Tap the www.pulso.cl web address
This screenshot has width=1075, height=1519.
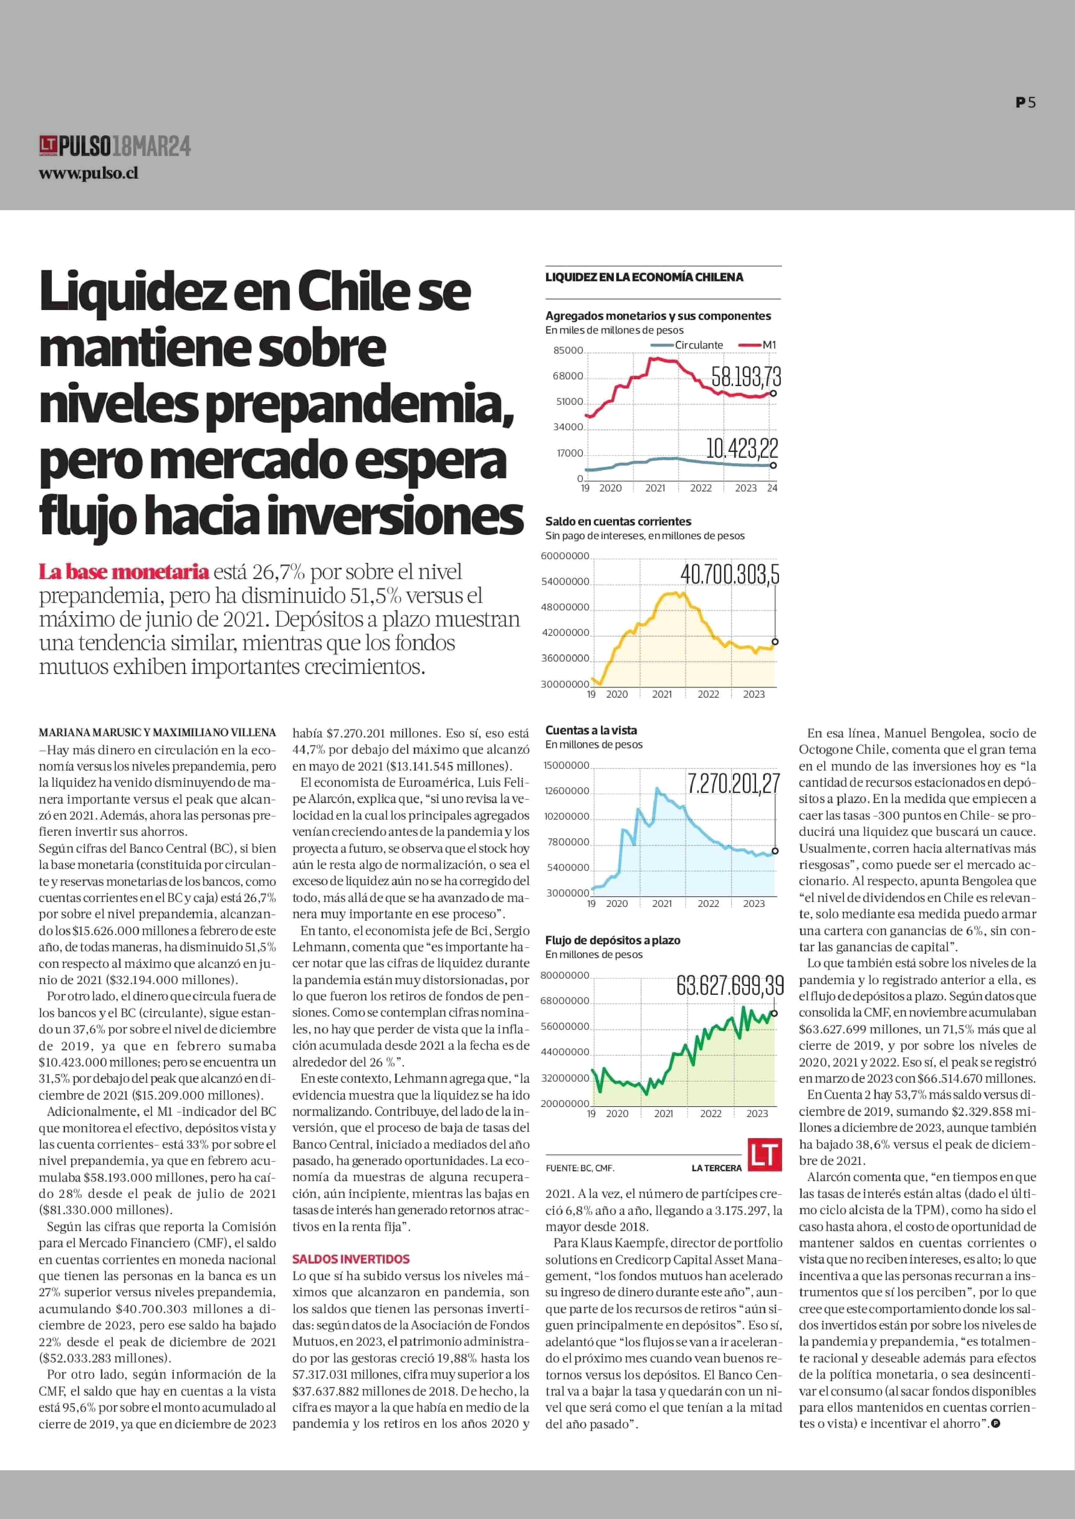(x=89, y=174)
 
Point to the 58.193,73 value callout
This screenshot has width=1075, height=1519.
(x=746, y=377)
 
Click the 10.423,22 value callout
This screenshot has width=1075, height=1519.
(x=742, y=449)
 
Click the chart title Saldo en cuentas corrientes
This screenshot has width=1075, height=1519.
(x=618, y=521)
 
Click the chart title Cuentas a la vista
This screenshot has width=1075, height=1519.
(x=591, y=730)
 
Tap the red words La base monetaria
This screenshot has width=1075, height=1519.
(x=124, y=571)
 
